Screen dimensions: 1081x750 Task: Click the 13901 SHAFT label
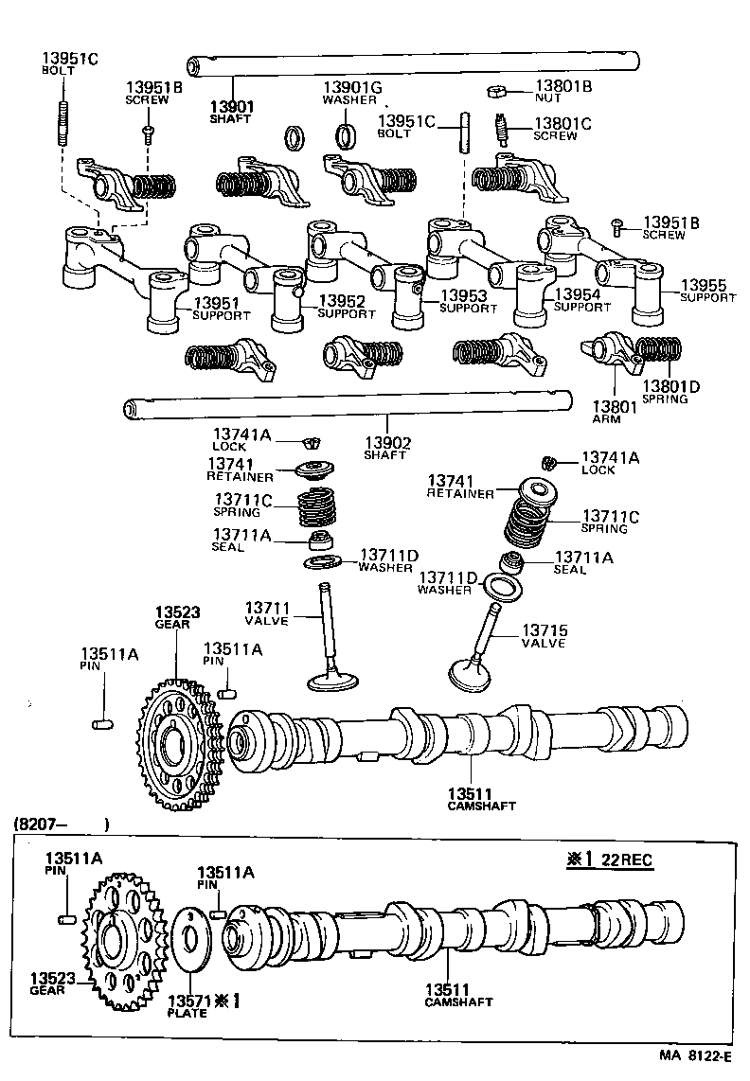232,113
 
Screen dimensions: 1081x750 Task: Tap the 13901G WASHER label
352,93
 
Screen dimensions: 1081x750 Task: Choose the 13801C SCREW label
562,129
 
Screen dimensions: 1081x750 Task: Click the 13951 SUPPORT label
217,309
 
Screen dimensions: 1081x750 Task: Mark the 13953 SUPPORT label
468,302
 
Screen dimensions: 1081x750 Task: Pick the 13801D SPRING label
671,392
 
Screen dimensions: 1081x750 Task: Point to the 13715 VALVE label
544,636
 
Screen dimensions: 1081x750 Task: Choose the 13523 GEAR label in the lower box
47,984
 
